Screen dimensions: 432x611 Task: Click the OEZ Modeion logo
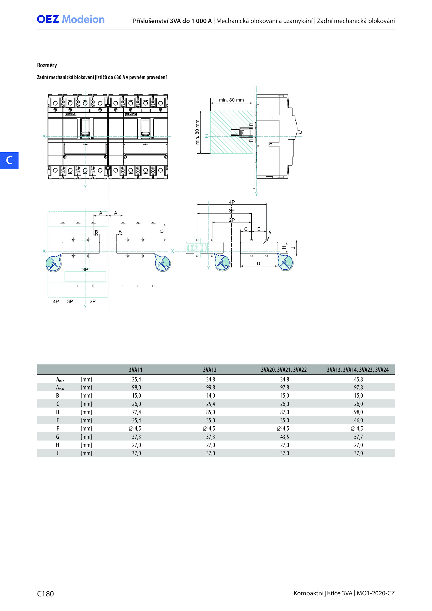point(71,19)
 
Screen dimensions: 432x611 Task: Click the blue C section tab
point(9,160)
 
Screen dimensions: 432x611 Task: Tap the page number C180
point(45,594)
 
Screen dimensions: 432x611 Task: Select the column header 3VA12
point(210,370)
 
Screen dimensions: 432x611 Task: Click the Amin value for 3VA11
point(136,379)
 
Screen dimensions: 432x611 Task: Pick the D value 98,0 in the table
point(358,412)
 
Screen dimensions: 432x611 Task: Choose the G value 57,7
point(358,437)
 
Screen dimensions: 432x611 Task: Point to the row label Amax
point(60,388)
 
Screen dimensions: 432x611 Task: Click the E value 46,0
point(358,420)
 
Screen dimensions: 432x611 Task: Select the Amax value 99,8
point(211,387)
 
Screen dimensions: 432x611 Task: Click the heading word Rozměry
point(47,65)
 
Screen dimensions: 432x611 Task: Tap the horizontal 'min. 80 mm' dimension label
point(231,100)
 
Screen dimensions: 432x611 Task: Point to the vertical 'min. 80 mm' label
point(197,132)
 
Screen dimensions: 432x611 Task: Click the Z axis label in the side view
point(207,136)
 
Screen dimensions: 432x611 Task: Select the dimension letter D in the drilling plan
point(258,264)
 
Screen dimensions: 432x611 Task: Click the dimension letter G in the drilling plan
point(162,231)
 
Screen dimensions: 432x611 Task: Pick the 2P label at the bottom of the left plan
point(93,301)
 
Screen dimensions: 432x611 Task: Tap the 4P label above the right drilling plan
point(232,202)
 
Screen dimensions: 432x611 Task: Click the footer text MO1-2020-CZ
point(376,593)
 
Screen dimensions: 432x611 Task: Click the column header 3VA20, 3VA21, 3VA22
point(284,370)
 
